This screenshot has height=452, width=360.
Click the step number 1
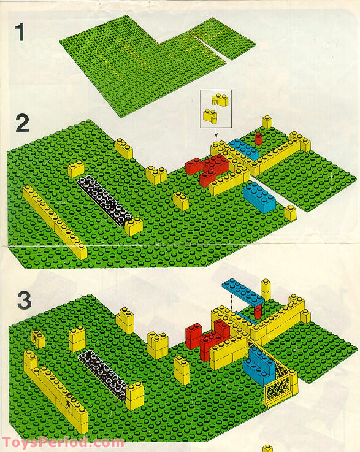(19, 33)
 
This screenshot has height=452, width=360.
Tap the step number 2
(22, 123)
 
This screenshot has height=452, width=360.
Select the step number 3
(24, 300)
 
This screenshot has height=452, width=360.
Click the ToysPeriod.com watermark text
(63, 442)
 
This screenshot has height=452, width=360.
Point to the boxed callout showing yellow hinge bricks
(216, 109)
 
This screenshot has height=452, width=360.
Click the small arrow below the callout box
(216, 134)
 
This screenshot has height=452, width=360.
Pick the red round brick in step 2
(258, 139)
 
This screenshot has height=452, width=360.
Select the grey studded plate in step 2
(105, 201)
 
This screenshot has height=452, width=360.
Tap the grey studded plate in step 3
(103, 374)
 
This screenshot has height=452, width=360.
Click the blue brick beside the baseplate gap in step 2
(259, 197)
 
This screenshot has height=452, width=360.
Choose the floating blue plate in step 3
(247, 292)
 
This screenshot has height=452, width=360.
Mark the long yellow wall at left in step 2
(54, 222)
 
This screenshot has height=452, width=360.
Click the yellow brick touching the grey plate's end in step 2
(134, 226)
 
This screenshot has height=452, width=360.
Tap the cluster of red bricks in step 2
(207, 169)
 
